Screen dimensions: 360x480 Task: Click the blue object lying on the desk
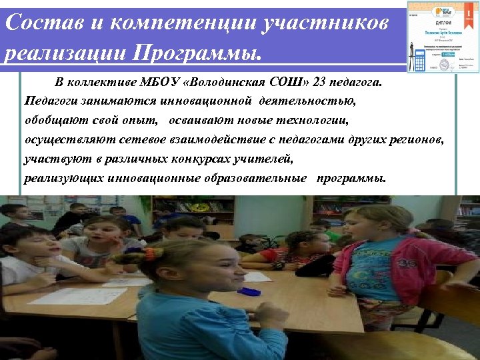coord(249,291)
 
